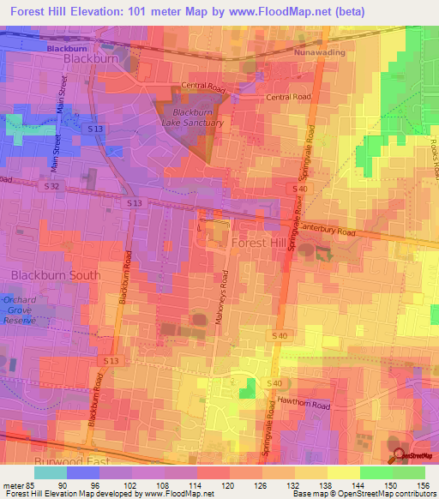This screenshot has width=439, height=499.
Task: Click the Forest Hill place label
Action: click(259, 243)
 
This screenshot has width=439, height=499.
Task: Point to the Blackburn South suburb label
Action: click(56, 275)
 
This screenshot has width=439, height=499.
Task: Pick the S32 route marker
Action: click(53, 185)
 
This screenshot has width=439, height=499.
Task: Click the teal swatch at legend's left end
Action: click(50, 472)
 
